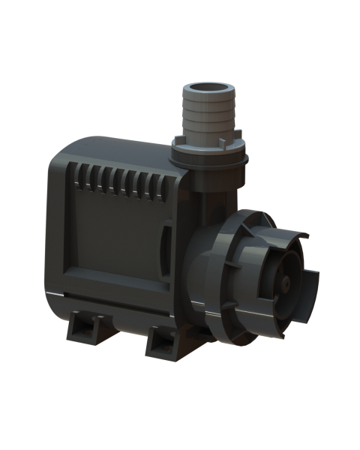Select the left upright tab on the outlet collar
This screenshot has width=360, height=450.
click(x=178, y=140)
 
